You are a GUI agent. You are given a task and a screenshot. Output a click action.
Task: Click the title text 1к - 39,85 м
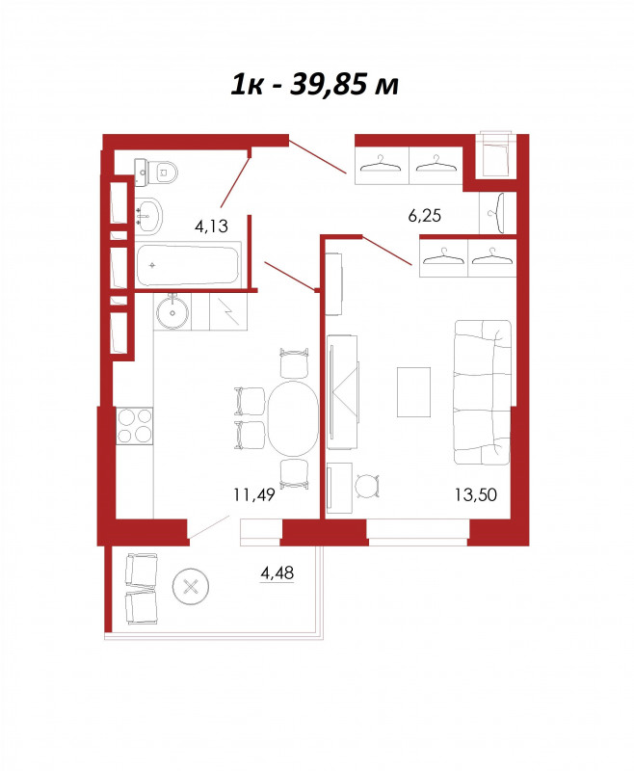tap(314, 85)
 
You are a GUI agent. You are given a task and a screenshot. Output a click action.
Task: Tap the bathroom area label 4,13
tap(211, 226)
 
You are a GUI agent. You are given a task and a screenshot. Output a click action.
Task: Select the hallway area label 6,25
tap(425, 215)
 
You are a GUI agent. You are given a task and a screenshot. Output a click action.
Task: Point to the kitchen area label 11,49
tap(254, 494)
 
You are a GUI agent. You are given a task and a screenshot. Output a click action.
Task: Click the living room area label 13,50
tap(475, 494)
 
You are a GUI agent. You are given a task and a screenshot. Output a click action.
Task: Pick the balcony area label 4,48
tap(277, 572)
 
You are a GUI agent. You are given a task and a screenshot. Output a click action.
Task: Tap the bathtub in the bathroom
tap(188, 265)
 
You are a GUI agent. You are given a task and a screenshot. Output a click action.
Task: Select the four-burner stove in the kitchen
tap(135, 426)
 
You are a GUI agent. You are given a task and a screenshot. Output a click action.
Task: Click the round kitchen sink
tap(172, 310)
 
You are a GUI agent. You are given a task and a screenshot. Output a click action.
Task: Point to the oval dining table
tap(293, 418)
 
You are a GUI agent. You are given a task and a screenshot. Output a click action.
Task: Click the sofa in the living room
tap(483, 392)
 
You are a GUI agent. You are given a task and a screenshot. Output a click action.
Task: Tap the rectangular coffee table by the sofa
tap(413, 392)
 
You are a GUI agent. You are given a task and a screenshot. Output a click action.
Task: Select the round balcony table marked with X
tap(191, 586)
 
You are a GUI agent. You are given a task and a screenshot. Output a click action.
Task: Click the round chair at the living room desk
tap(367, 486)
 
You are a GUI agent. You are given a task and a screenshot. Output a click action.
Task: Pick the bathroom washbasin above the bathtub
tap(148, 216)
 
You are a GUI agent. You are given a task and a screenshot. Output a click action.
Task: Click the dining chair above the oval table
tap(294, 363)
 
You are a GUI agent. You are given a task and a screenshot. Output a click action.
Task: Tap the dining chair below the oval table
tap(294, 474)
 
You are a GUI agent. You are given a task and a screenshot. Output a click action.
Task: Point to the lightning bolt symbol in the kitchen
tap(227, 311)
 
